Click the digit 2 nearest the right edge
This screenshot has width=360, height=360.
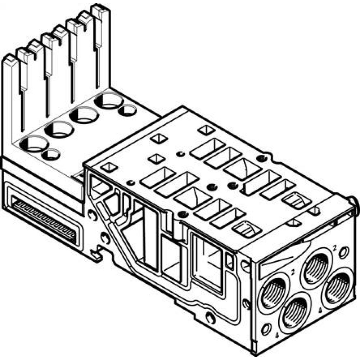tap(334, 247)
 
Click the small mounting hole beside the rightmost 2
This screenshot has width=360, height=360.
tap(345, 251)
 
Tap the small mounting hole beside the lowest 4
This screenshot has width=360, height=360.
tap(266, 328)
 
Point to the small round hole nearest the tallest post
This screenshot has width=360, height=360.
tap(127, 109)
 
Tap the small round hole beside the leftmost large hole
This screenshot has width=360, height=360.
tap(51, 155)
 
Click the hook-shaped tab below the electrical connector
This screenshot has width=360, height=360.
tap(96, 255)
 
